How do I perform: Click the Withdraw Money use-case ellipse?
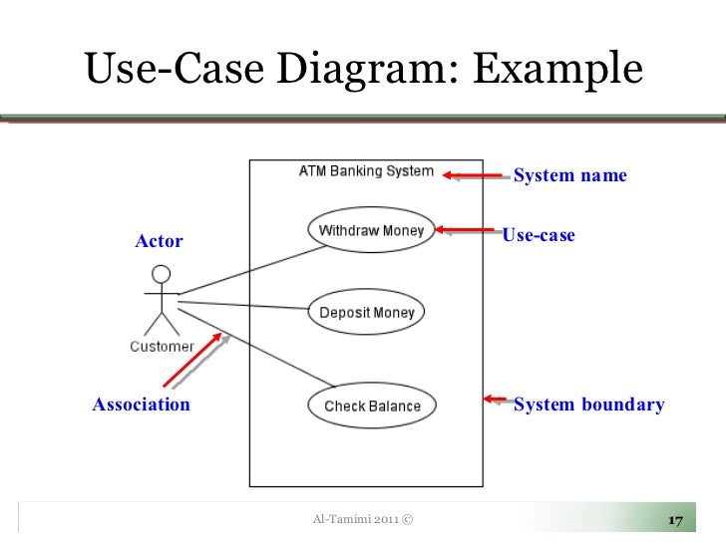(371, 231)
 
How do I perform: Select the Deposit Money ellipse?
(366, 313)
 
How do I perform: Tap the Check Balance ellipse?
(372, 406)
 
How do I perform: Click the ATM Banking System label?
(366, 171)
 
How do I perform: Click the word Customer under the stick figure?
(162, 347)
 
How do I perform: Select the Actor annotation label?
(160, 241)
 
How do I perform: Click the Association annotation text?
(141, 405)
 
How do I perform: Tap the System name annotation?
(569, 176)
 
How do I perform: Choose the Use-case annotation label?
(539, 236)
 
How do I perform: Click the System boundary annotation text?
(587, 405)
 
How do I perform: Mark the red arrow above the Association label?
(192, 359)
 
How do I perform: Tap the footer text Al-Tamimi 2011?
(362, 520)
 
